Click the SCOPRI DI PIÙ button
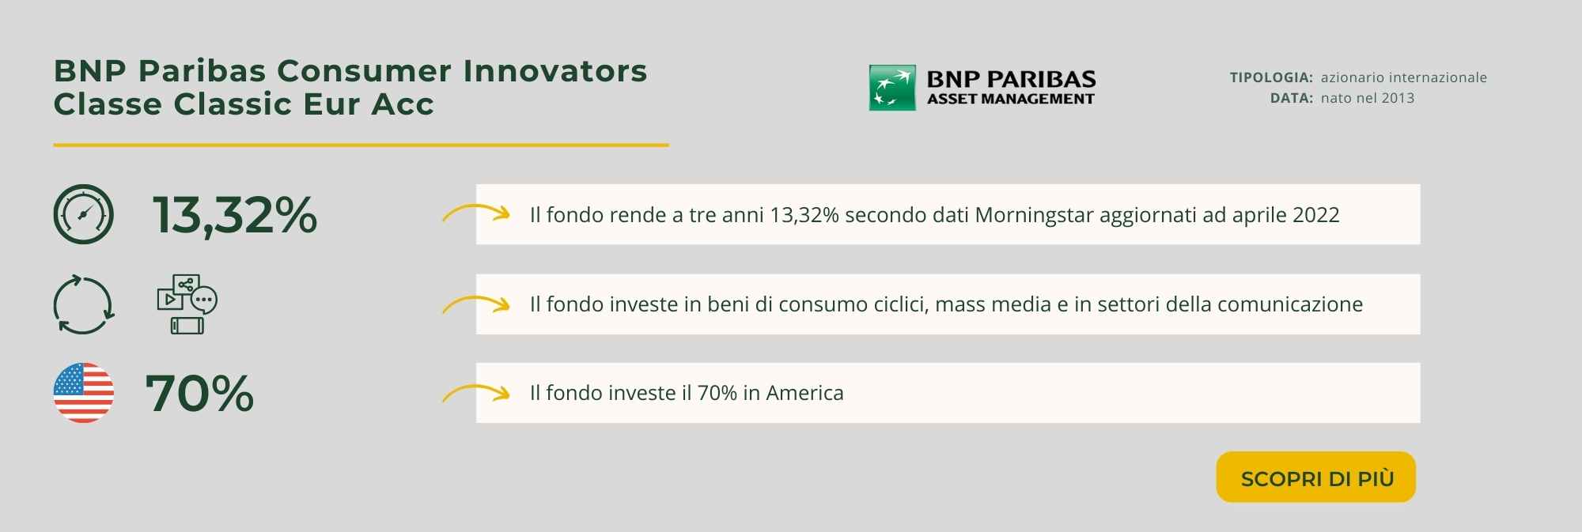coord(1315,477)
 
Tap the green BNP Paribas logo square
coord(892,88)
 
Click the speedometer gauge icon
coord(83,214)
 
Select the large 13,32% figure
coord(235,215)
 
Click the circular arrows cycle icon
coord(83,304)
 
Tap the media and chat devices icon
coord(187,304)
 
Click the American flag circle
coord(83,393)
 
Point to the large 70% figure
coord(199,394)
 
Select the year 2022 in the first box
coord(1315,215)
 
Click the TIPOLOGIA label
coord(1271,77)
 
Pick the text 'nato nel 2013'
coord(1368,98)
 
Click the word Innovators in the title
coord(555,71)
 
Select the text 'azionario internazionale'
coord(1404,77)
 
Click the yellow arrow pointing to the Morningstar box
coord(475,213)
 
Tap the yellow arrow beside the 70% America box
coord(475,391)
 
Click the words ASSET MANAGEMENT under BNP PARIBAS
coord(1011,99)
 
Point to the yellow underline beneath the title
coord(361,145)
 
